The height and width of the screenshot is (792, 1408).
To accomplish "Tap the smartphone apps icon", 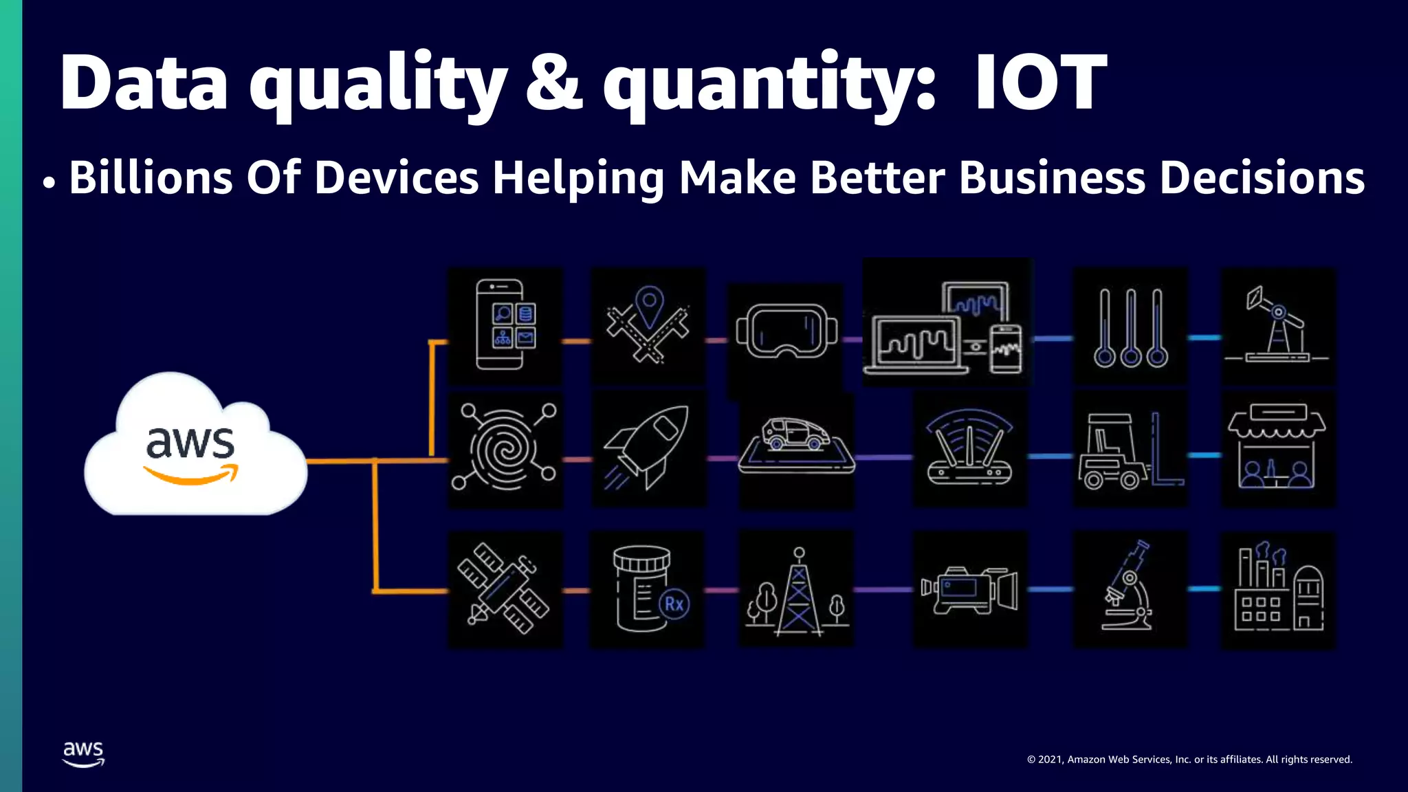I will [505, 324].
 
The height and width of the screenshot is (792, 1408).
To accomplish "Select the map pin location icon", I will [648, 324].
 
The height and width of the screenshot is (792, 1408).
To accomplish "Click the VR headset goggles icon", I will [786, 331].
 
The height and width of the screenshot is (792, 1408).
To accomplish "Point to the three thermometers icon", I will [1130, 327].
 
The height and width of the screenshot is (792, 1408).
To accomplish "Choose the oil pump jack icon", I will [1277, 325].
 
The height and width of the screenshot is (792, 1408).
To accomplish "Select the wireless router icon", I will [969, 448].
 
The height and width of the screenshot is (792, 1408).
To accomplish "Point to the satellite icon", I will [504, 588].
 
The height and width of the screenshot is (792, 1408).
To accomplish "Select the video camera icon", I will [969, 590].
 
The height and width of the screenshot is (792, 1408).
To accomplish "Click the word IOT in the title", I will [1040, 82].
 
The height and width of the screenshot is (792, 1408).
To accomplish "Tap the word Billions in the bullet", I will [151, 177].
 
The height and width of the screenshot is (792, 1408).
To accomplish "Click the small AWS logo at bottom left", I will [83, 753].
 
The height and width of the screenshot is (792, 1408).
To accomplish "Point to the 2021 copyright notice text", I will [1189, 760].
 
